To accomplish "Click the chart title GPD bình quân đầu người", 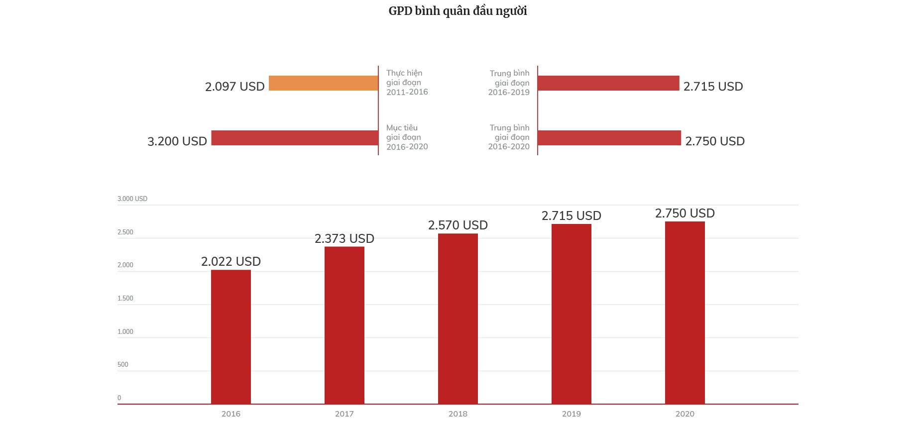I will (x=458, y=11).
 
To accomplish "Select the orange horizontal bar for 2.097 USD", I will (x=323, y=83).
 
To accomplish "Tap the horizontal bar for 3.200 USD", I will (x=295, y=138).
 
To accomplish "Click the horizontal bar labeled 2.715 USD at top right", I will (x=608, y=83).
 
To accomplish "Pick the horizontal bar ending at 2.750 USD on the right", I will (x=609, y=138).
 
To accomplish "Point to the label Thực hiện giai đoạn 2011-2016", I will (x=407, y=83).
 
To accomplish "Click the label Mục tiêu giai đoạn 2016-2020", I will (x=407, y=137).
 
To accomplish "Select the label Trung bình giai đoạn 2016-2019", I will (x=509, y=83).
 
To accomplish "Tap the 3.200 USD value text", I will (x=177, y=141).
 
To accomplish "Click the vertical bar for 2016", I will (x=231, y=337).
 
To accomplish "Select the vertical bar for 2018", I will (x=458, y=319).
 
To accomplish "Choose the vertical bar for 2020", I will (x=685, y=313).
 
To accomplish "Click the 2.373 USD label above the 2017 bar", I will (x=344, y=239).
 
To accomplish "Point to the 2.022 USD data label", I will (x=231, y=262).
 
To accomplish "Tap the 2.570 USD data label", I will (x=458, y=225).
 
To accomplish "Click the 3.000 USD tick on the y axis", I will (x=132, y=199).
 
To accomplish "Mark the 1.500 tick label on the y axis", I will (x=125, y=299).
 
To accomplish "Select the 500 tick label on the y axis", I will (x=123, y=365).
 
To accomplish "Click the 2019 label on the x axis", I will (x=572, y=414).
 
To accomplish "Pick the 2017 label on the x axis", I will (x=344, y=414).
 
